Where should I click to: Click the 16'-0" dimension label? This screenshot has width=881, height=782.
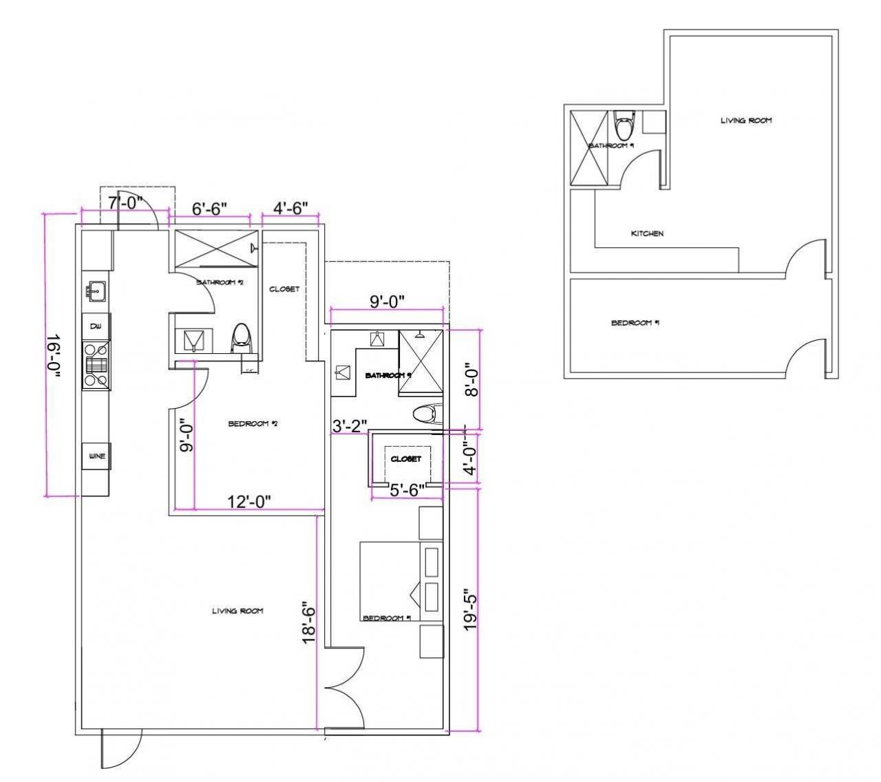pyautogui.click(x=54, y=356)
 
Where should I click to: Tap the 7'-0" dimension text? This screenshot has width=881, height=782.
pyautogui.click(x=124, y=204)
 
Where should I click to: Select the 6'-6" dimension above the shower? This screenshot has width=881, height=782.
pyautogui.click(x=209, y=209)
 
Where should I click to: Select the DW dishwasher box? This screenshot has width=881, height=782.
pyautogui.click(x=96, y=326)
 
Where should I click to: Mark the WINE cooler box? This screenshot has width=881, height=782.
pyautogui.click(x=96, y=456)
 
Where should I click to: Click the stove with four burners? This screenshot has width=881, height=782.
pyautogui.click(x=96, y=366)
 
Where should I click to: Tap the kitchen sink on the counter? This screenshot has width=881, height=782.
pyautogui.click(x=95, y=291)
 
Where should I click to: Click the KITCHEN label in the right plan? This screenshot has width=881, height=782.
pyautogui.click(x=647, y=234)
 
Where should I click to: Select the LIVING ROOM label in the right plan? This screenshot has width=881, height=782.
pyautogui.click(x=746, y=120)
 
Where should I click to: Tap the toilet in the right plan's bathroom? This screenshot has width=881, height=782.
pyautogui.click(x=624, y=127)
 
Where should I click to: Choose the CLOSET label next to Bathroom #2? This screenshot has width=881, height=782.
pyautogui.click(x=284, y=289)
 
